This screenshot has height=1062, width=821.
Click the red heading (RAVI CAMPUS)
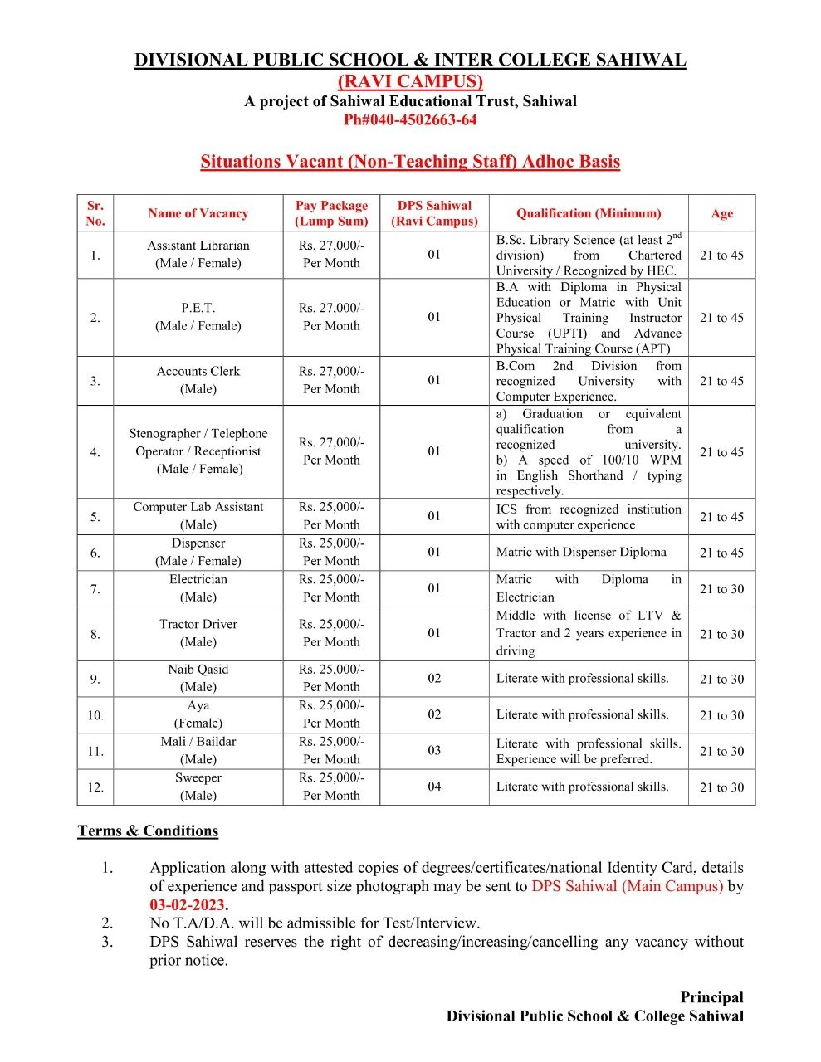(410, 81)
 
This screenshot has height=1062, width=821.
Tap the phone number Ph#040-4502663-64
(410, 119)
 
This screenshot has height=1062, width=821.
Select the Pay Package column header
(331, 213)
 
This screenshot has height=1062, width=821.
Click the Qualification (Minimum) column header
(589, 213)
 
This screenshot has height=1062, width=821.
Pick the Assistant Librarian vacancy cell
(198, 254)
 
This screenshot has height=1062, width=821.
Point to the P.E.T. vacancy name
(198, 308)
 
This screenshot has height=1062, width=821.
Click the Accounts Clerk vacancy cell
(198, 380)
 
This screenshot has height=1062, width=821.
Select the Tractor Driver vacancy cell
(198, 633)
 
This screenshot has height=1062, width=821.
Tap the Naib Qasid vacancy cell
(198, 678)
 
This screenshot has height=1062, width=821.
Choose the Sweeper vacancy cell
(198, 787)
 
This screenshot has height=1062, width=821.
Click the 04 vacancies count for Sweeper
(434, 787)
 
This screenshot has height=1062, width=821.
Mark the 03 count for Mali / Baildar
(434, 750)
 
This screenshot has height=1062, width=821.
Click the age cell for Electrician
(721, 589)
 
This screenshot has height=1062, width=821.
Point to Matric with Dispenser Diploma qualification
(581, 552)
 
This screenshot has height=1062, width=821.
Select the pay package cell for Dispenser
(331, 552)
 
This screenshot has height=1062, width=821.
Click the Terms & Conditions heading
(148, 831)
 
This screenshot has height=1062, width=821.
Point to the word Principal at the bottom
(711, 997)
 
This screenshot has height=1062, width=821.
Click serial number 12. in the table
(95, 787)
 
